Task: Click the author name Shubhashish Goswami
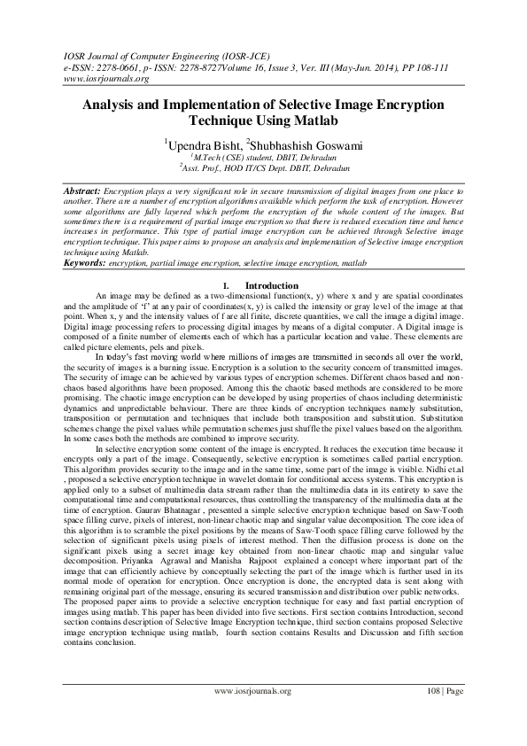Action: (306, 142)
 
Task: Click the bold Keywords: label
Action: (85, 263)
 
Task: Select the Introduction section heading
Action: (272, 285)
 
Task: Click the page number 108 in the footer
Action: (430, 716)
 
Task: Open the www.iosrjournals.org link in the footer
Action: (253, 716)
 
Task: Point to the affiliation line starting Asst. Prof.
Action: (263, 166)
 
